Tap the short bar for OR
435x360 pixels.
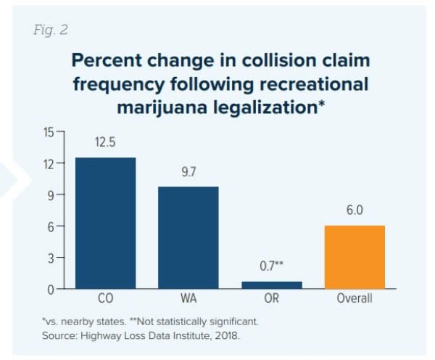(272, 285)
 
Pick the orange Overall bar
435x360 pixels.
(355, 258)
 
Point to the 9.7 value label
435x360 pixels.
(188, 174)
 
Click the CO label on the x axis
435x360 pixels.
(105, 299)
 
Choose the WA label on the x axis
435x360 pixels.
(188, 299)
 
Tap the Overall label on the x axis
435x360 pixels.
(355, 299)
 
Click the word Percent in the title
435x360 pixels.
(111, 61)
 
